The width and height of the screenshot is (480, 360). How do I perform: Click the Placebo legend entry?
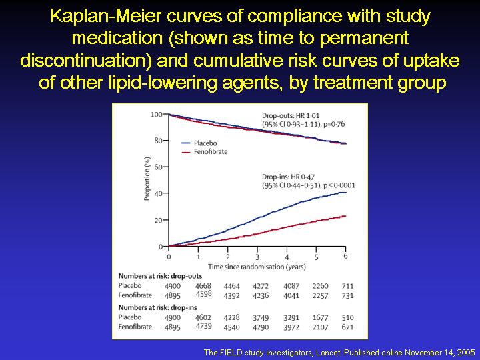[199, 143]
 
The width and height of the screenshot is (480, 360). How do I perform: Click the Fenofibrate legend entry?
[205, 152]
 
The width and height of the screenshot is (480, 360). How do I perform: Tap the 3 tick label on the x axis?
[257, 257]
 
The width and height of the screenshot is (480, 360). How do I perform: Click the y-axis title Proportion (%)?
[147, 179]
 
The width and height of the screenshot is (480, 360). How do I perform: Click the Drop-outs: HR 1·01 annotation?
[291, 116]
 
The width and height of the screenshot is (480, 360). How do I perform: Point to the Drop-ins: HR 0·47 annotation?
[289, 177]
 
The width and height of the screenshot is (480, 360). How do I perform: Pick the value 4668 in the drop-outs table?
[203, 285]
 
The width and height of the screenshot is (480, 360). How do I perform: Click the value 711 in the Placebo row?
[348, 286]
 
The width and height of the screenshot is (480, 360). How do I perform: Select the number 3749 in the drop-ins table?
[261, 318]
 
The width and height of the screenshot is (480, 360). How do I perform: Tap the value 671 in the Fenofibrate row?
[348, 327]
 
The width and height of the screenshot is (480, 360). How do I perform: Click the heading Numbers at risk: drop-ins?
[157, 307]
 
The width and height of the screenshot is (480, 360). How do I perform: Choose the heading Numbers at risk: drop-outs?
[160, 276]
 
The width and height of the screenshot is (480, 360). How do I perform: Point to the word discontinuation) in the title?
[86, 60]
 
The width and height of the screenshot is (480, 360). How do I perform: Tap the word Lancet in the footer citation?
[329, 353]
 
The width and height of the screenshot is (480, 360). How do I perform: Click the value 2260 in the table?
[320, 286]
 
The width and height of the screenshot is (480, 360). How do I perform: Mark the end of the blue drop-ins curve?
[346, 192]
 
